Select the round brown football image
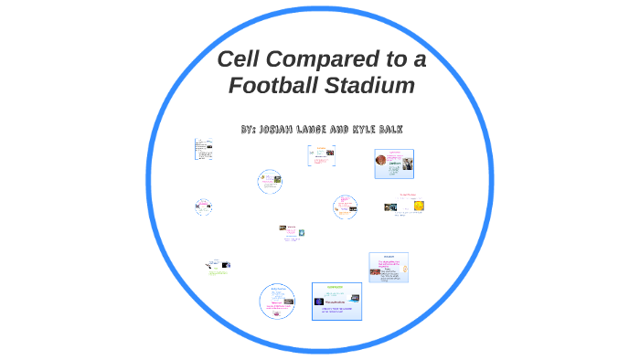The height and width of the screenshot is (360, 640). coord(380,160)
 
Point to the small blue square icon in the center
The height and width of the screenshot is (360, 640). coord(301,232)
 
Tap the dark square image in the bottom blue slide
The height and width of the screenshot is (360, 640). coord(319,301)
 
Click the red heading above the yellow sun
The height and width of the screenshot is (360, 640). coord(406,195)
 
